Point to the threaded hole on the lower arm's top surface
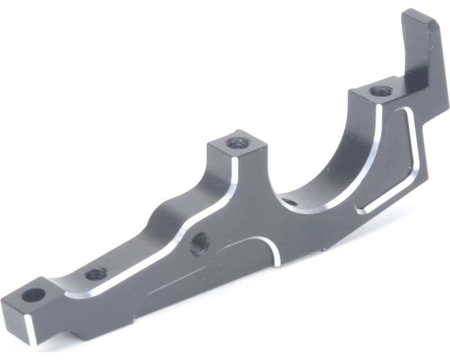pyautogui.click(x=96, y=273)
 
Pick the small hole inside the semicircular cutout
pyautogui.click(x=287, y=201)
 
